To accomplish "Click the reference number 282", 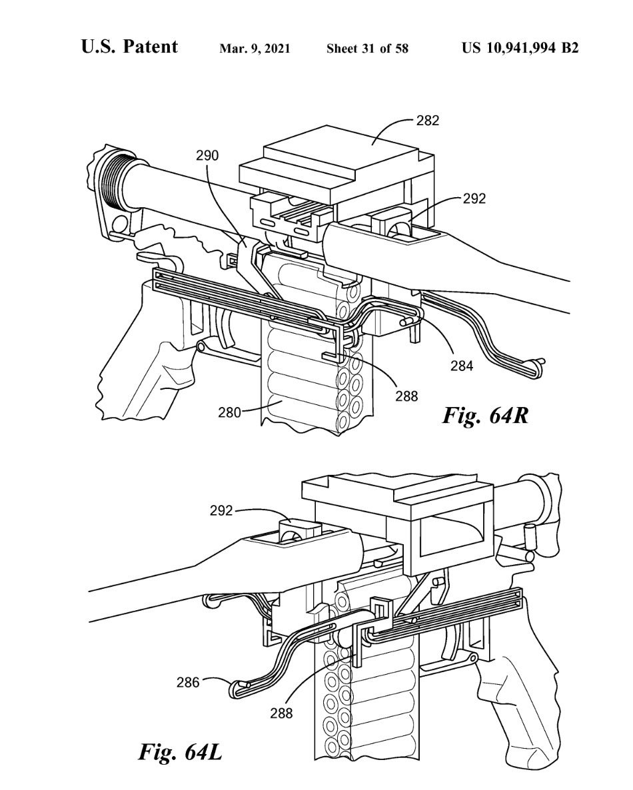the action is point(427,121).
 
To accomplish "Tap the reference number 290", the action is point(207,156).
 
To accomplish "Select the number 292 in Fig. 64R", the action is point(474,198).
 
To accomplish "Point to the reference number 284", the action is point(462,366).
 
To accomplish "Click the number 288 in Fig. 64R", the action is point(406,396).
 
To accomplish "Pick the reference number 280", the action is point(229,412).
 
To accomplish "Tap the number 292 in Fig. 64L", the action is point(222,511).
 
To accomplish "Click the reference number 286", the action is point(188,683).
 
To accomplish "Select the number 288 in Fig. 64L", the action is point(281,713).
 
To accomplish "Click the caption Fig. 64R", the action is point(485,416).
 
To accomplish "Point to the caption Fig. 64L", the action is point(180,752).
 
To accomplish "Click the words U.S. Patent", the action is point(129,47).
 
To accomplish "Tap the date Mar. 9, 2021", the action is point(255,49).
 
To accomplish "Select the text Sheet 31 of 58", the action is point(367,49).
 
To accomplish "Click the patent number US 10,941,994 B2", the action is point(520,49).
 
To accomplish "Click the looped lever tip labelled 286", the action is point(241,688).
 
